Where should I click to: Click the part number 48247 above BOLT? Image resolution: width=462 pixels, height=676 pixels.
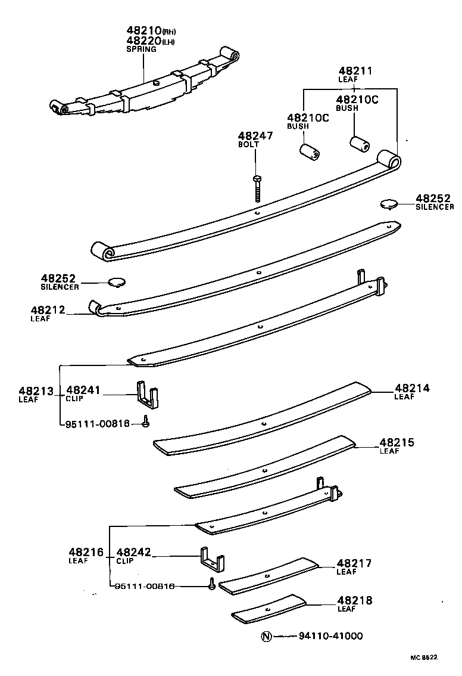coord(255,136)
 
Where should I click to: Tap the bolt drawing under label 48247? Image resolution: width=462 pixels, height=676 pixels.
coord(257,189)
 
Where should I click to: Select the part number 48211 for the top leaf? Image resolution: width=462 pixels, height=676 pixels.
coord(355,71)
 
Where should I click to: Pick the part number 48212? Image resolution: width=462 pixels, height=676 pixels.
coord(47,310)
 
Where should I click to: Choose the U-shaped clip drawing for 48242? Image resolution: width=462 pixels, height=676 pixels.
coord(212,560)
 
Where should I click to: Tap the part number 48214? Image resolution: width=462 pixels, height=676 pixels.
coord(411,388)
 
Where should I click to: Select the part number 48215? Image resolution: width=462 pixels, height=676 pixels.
coord(397,443)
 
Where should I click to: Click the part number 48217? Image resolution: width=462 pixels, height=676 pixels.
coord(354,563)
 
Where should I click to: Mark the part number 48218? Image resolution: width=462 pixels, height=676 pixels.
coord(354,601)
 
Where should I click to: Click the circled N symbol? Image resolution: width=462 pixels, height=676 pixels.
coord(266,636)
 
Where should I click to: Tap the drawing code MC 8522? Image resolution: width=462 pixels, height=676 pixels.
coord(423,658)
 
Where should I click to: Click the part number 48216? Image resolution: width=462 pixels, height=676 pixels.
coord(86,553)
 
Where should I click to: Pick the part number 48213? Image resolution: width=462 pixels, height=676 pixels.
coord(36,391)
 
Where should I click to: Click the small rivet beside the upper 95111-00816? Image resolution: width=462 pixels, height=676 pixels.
coord(145,423)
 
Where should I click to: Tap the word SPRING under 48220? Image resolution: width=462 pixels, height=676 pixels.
coord(141,49)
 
